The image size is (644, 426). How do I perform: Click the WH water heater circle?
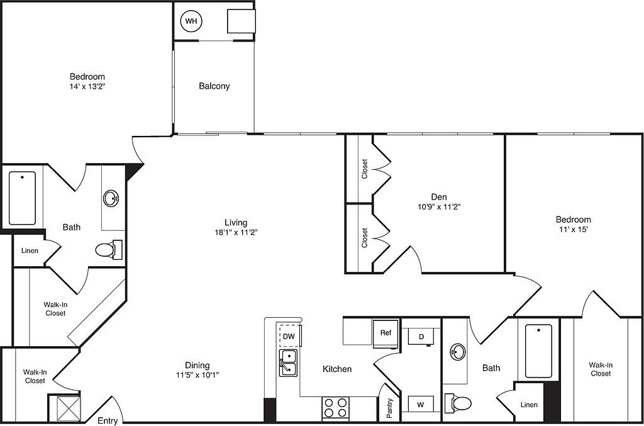191,21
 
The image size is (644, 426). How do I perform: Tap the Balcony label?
214,86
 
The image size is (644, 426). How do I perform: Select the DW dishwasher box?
290,336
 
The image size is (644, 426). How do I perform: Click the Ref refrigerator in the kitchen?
386,333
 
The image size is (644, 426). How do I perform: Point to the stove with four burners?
335,408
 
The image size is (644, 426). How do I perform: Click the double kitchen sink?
288,362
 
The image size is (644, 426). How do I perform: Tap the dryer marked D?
421,337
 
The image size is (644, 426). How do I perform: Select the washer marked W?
421,404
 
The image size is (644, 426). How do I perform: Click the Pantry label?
390,408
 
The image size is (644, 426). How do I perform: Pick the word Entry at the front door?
108,421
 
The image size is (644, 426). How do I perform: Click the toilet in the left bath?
108,250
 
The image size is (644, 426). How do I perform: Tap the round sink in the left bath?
111,198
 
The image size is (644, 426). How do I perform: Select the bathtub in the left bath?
22,198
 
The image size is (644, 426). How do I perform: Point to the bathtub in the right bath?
538,351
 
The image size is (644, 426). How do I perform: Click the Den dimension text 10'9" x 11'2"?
439,207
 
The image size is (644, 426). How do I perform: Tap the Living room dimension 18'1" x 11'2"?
236,233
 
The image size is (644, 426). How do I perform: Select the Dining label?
197,365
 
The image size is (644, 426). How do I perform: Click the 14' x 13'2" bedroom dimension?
87,86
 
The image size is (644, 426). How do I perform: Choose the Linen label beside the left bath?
30,250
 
